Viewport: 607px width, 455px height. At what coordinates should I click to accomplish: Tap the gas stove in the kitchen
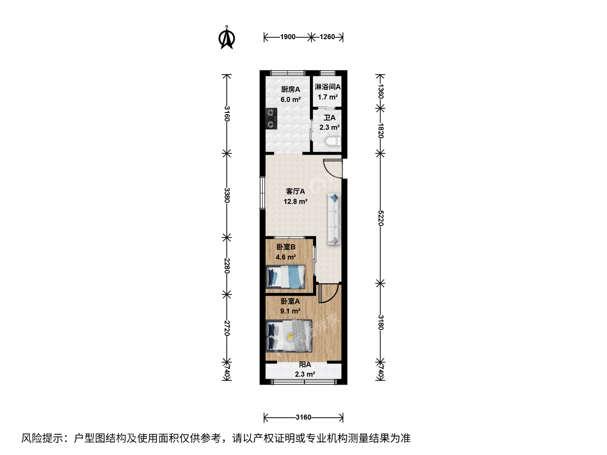click(x=271, y=118)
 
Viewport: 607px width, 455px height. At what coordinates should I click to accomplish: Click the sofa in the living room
click(x=334, y=219)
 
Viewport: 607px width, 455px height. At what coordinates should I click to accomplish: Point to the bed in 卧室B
click(x=285, y=277)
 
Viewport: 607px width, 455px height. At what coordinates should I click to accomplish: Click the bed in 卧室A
click(x=289, y=336)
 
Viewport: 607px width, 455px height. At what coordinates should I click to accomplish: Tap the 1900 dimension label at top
click(x=287, y=37)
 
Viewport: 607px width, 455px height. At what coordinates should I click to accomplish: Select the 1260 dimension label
click(x=327, y=37)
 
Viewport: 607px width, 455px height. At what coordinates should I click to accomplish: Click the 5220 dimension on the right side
click(x=381, y=218)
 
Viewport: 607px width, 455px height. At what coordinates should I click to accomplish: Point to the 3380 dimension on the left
click(x=227, y=195)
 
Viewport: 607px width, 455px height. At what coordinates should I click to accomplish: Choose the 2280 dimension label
click(x=227, y=266)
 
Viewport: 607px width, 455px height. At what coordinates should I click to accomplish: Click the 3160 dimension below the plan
click(x=303, y=417)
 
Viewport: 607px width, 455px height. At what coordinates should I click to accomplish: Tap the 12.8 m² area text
click(x=295, y=202)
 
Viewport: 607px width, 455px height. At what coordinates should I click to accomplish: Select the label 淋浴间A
click(x=328, y=87)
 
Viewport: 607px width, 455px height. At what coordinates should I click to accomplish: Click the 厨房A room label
click(x=290, y=89)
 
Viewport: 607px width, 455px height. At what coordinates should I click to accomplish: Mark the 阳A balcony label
click(x=305, y=365)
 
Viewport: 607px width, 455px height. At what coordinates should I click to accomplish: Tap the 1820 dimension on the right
click(x=381, y=131)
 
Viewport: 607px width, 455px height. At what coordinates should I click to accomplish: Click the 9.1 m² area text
click(x=290, y=311)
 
